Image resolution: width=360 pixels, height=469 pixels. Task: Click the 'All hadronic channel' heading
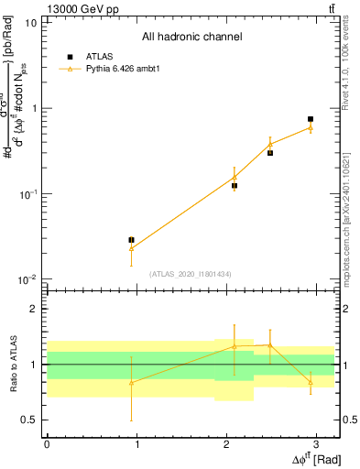(x=191, y=38)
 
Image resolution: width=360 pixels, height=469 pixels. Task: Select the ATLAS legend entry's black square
(x=70, y=57)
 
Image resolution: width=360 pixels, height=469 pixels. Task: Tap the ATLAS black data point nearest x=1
(x=131, y=240)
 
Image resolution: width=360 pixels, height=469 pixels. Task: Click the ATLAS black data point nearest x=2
(x=235, y=186)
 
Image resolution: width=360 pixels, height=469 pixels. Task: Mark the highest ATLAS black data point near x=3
(x=311, y=119)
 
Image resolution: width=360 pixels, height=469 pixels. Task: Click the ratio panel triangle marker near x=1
(x=131, y=383)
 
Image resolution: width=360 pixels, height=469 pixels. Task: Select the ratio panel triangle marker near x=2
(x=235, y=347)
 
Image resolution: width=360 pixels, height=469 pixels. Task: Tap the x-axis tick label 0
(x=47, y=442)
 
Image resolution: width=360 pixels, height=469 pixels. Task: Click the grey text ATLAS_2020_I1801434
(x=191, y=273)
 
